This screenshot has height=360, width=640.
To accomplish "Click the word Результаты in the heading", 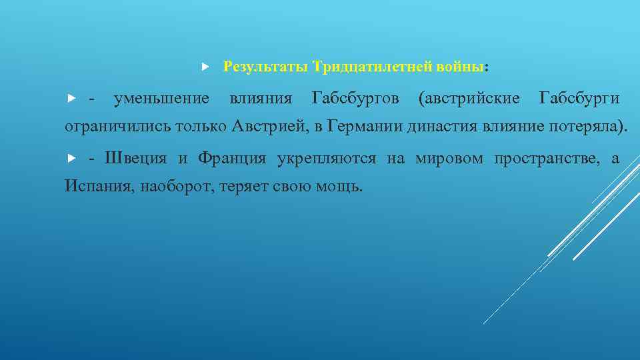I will point(265,67).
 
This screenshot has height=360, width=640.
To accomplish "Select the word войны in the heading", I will point(461,67).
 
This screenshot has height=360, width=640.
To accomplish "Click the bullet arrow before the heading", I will point(205,67).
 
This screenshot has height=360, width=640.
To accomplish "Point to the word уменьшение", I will point(161,99).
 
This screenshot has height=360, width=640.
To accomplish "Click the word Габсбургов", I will point(355,99).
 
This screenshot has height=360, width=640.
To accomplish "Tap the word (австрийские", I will point(469,99).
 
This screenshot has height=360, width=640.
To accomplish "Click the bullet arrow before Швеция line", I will point(72,159).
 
